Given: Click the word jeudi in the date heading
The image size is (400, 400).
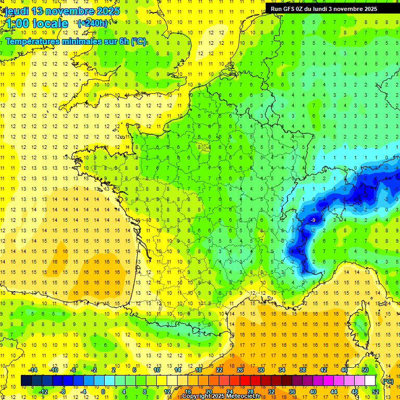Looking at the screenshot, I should click(17, 11).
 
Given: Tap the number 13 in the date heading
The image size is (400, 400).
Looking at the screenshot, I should click(37, 11).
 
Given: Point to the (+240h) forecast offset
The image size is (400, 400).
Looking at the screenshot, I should click(93, 23).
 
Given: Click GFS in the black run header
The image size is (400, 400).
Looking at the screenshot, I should click(289, 9).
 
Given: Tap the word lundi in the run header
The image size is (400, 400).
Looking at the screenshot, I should click(330, 9).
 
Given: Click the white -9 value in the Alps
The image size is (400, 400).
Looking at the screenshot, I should click(313, 221).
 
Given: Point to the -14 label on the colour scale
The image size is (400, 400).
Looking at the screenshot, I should click(32, 370).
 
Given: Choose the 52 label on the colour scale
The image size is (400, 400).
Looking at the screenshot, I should click(375, 392).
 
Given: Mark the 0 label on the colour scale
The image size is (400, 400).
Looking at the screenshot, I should click(103, 392).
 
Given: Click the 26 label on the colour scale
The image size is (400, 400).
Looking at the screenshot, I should click(240, 370).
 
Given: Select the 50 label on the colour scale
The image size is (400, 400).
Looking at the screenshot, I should click(365, 370).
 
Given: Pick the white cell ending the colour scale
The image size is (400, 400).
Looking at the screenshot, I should click(370, 381).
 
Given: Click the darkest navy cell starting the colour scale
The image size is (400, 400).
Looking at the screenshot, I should click(27, 381).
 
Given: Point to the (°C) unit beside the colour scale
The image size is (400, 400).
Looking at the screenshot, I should click(387, 381).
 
